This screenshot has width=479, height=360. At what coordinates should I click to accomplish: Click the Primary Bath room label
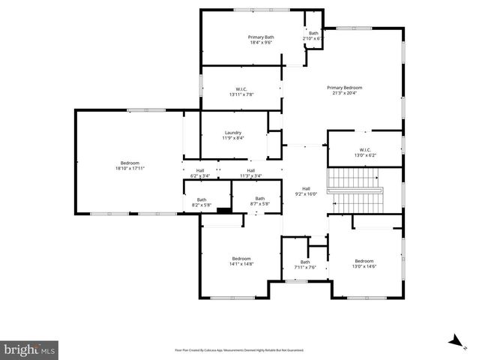click(x=261, y=37)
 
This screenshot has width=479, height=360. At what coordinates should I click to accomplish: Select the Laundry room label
click(x=232, y=133)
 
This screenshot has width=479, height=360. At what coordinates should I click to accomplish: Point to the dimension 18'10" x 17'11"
click(x=130, y=169)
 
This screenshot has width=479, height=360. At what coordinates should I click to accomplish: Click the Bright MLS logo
click(x=29, y=349)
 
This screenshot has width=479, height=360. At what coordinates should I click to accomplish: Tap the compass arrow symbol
click(x=454, y=342)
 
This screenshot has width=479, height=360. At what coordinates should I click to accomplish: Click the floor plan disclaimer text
click(x=239, y=350)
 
